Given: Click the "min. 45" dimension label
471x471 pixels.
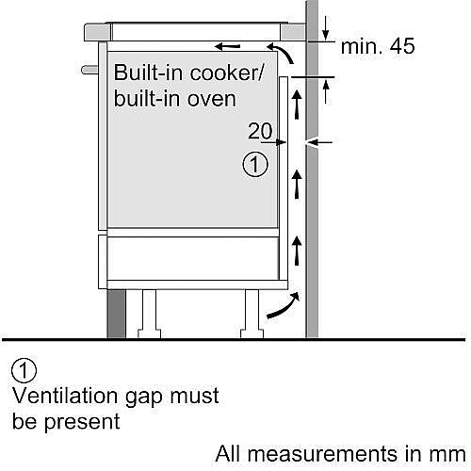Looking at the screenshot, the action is pos(378,46).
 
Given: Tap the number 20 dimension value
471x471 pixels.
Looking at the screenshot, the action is pos(260,131).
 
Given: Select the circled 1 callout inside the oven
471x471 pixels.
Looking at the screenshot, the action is pos(255,165).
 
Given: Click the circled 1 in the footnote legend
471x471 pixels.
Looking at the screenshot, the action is pos(24,370).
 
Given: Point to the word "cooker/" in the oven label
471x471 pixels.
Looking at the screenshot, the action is pos(227,73).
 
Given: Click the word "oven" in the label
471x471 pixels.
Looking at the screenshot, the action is pos(212,99).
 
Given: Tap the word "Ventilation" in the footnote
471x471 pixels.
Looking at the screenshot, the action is pos(66,396).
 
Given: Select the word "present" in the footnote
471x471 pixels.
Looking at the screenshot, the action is pos(82,422).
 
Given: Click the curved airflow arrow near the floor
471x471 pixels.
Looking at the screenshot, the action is pos(284,306).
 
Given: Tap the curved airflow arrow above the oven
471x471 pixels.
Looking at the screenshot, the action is pos(281,53).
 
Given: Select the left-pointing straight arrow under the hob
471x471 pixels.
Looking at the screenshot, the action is pos(228,47).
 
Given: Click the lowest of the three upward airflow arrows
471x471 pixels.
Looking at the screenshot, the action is pos(297,251).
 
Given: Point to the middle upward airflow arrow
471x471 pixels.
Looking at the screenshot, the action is pos(297,185).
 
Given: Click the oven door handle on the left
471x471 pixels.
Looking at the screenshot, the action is pos(89,70).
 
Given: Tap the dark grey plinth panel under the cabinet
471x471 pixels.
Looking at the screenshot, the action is pos(117,314).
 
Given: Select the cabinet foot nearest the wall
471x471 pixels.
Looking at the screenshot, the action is pos(252,314).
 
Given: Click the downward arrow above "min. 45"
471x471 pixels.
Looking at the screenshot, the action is pos(326,28).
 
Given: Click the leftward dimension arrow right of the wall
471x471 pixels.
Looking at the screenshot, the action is pos(319,143).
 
